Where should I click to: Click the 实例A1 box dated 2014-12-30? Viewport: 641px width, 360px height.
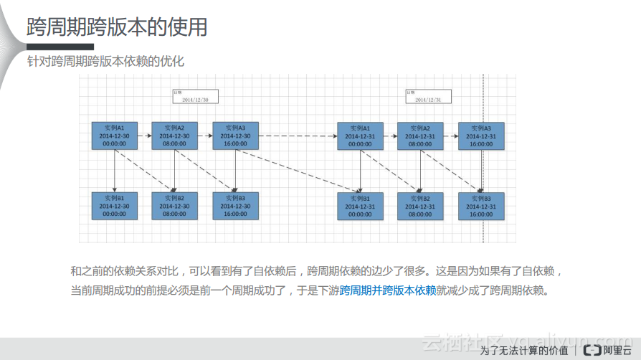(x=115, y=135)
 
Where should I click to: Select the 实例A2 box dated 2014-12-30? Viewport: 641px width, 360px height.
(x=175, y=135)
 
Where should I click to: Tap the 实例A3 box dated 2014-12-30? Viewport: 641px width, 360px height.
(x=236, y=135)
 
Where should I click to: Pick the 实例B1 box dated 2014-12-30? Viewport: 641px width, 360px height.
(x=115, y=205)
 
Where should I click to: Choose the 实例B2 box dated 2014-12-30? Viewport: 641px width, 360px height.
(x=175, y=205)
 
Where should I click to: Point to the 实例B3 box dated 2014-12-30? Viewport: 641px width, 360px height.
(x=236, y=205)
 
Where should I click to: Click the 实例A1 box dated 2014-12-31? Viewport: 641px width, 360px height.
(x=360, y=135)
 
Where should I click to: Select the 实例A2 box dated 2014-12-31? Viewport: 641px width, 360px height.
(x=420, y=135)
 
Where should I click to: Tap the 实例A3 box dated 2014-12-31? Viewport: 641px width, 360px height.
(x=481, y=135)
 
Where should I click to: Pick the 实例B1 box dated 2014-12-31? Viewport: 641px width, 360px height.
(x=360, y=205)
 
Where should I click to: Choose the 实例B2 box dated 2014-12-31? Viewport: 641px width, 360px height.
(x=420, y=205)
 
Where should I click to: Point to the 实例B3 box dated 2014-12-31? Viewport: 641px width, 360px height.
(x=481, y=205)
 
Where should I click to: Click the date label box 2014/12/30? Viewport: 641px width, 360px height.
(x=195, y=97)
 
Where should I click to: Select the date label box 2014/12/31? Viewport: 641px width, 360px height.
(x=428, y=97)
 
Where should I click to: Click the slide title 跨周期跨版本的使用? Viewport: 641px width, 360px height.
(x=118, y=27)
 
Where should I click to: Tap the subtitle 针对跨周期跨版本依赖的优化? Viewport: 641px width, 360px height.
(x=105, y=61)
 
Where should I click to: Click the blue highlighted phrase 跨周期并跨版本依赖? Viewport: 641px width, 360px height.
(x=388, y=290)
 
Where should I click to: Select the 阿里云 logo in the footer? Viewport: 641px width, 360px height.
(x=607, y=350)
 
